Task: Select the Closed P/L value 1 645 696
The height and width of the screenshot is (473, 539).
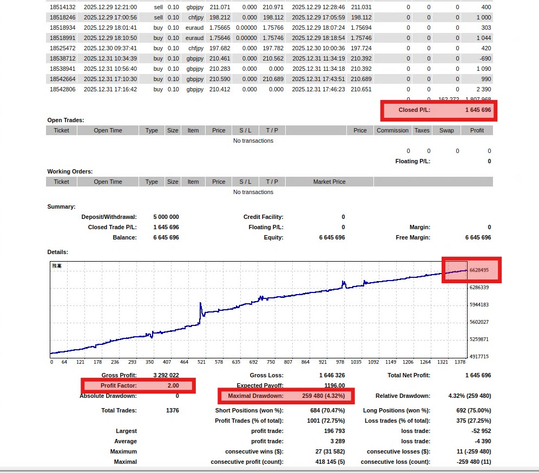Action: [478, 110]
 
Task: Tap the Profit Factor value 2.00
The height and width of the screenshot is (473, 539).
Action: [173, 385]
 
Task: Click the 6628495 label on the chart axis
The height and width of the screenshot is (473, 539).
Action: [479, 270]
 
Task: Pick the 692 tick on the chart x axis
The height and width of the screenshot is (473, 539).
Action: [253, 362]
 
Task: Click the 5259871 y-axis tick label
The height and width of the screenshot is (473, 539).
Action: [479, 339]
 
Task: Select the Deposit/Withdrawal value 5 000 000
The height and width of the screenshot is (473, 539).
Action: [166, 217]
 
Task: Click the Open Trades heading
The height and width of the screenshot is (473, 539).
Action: [65, 120]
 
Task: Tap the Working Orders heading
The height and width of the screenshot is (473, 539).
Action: [70, 171]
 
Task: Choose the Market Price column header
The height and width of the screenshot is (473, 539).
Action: [329, 182]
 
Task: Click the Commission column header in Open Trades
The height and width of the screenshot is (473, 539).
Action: [392, 130]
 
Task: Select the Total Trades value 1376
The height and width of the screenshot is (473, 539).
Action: [172, 410]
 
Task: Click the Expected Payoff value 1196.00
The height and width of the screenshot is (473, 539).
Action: [334, 385]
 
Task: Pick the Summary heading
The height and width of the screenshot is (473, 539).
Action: [61, 206]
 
